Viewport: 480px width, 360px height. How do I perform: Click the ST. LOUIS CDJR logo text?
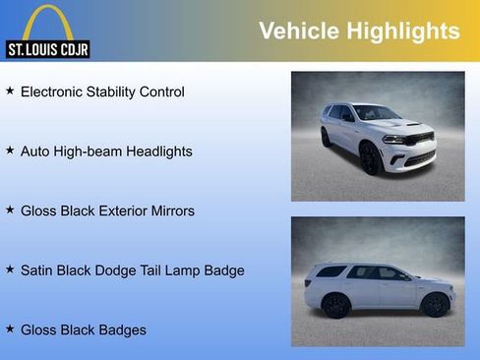[x=47, y=48]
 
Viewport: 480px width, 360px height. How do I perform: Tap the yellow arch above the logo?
[x=47, y=20]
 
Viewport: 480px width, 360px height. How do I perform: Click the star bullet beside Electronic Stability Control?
[x=10, y=90]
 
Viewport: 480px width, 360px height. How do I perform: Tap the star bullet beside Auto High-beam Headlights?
[x=10, y=150]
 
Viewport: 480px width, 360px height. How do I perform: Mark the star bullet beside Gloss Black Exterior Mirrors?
[x=10, y=210]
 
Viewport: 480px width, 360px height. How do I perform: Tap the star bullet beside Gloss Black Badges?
[x=10, y=329]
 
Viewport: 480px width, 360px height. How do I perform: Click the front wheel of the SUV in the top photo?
[x=371, y=158]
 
